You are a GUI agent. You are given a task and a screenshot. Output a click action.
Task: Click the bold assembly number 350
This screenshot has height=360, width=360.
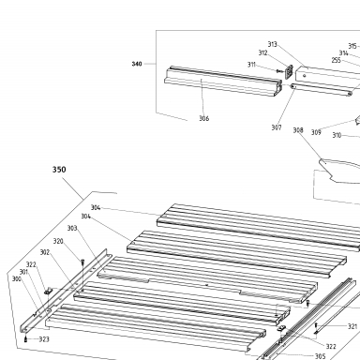click(59, 170)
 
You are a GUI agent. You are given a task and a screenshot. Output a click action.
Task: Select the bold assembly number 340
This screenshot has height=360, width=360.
click(137, 64)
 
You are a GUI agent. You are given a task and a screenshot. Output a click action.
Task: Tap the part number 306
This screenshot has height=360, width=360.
click(204, 118)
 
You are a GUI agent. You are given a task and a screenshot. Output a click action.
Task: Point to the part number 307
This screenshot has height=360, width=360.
click(277, 127)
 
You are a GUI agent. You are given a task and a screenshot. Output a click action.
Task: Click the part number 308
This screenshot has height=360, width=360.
click(298, 130)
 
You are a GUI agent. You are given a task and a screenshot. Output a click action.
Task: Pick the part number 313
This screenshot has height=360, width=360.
click(272, 44)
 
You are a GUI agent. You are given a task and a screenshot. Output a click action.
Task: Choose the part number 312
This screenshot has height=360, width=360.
click(263, 52)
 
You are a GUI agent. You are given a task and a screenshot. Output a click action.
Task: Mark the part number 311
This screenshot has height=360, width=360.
click(251, 65)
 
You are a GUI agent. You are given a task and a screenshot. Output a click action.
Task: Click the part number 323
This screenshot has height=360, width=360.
click(44, 339)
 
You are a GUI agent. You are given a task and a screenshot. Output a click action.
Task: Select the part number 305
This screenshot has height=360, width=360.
click(321, 356)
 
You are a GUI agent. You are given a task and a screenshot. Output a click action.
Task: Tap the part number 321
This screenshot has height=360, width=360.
click(352, 326)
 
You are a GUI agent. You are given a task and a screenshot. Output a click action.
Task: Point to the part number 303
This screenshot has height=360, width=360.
click(72, 228)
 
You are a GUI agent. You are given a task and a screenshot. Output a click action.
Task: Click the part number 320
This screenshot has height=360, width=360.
click(58, 241)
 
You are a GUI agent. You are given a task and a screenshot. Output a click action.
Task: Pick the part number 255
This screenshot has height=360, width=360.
click(337, 60)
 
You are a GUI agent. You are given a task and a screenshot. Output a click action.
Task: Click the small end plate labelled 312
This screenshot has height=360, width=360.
click(289, 72)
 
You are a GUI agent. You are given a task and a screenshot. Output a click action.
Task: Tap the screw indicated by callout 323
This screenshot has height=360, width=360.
click(25, 339)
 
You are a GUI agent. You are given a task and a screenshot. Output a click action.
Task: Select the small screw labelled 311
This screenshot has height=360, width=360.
click(279, 71)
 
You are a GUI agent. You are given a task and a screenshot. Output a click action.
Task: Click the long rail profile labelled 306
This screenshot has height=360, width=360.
click(223, 82)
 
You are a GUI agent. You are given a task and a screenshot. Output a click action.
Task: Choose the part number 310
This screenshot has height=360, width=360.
click(337, 135)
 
